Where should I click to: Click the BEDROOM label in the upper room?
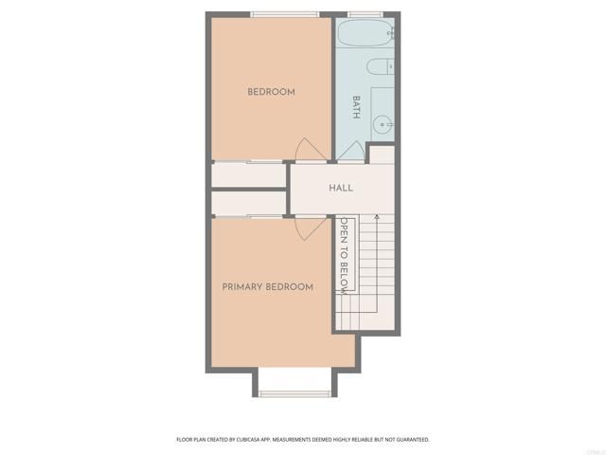(x=271, y=92)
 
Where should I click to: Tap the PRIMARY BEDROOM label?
(x=267, y=287)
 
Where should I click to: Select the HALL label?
(x=341, y=188)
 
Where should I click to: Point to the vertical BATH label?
(x=357, y=106)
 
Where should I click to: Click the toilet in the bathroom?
(x=380, y=67)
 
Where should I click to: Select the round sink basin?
(x=383, y=123)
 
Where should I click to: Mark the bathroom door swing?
(x=352, y=152)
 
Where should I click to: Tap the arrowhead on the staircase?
(x=378, y=220)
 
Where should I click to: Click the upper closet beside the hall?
(x=248, y=175)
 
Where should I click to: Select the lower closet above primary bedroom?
(x=248, y=203)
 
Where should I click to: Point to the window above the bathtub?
(x=365, y=14)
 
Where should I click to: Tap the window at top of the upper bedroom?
(x=285, y=14)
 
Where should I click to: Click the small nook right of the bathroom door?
(x=381, y=155)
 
